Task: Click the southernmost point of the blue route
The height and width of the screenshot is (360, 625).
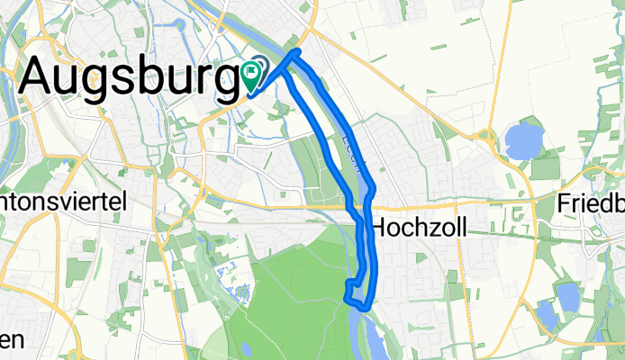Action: click(x=362, y=308)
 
